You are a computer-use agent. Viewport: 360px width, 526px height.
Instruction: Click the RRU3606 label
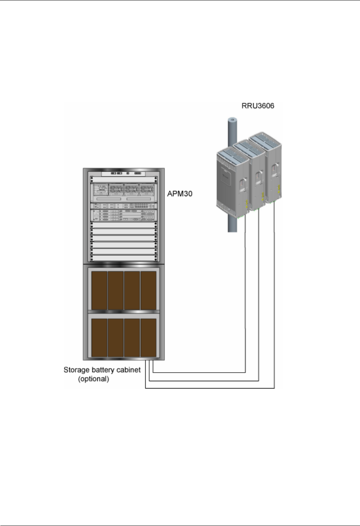pyautogui.click(x=258, y=106)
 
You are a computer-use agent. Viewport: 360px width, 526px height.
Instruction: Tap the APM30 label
pyautogui.click(x=180, y=194)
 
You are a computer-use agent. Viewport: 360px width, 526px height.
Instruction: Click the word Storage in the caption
pyautogui.click(x=77, y=370)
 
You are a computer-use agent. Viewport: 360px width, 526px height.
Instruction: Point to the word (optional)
pyautogui.click(x=93, y=379)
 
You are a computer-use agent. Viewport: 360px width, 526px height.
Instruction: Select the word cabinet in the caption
pyautogui.click(x=128, y=370)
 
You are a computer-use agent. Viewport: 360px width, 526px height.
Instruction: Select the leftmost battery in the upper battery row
pyautogui.click(x=99, y=290)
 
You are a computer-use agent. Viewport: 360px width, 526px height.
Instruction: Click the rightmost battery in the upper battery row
pyautogui.click(x=149, y=290)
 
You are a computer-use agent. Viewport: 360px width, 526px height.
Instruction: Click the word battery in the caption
pyautogui.click(x=104, y=370)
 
